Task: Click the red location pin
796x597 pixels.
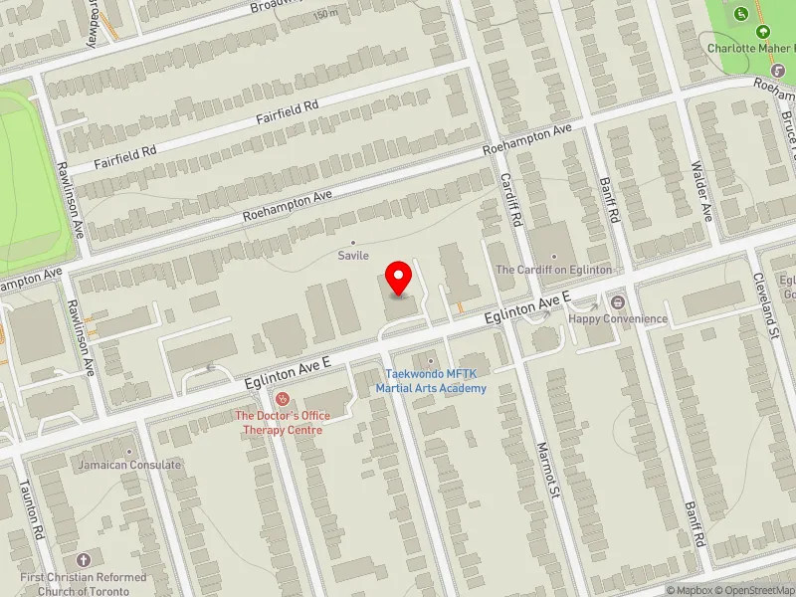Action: point(399,279)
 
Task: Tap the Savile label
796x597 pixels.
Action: point(353,256)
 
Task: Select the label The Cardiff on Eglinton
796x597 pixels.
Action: point(553,270)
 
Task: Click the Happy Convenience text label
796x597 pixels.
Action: point(618,318)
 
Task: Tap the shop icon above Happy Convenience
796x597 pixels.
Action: point(618,301)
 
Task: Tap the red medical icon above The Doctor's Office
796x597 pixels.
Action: point(282,398)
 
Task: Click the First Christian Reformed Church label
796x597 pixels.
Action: point(85,583)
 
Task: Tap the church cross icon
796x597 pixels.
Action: point(84,561)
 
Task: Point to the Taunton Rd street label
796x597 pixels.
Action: point(31,512)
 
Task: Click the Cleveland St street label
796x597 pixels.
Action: point(763,305)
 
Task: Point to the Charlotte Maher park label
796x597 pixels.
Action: point(750,47)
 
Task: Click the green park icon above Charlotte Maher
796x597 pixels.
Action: point(741,14)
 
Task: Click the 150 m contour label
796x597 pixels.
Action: point(324,16)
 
